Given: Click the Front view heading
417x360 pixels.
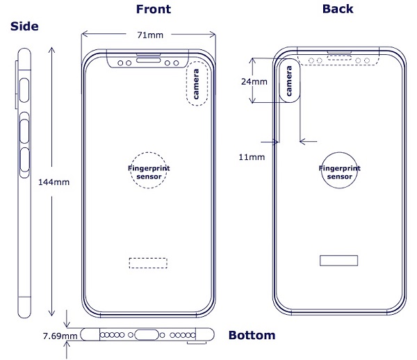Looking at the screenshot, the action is click(x=154, y=9).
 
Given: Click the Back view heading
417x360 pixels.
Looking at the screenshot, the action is click(x=338, y=9).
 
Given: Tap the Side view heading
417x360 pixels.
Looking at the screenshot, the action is click(x=24, y=26).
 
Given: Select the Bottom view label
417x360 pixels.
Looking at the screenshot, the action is click(x=252, y=335).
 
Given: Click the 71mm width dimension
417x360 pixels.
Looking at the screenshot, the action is click(x=150, y=35).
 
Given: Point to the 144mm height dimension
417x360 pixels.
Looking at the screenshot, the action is click(x=54, y=182).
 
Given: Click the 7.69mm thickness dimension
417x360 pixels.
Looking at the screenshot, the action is click(x=60, y=336).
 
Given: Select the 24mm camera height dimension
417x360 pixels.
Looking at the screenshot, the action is click(x=254, y=81).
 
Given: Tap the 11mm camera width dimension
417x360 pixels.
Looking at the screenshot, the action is click(x=252, y=157).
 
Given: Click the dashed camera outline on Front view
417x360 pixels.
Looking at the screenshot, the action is click(x=187, y=84).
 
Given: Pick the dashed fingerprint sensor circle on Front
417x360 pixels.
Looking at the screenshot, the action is click(x=149, y=153).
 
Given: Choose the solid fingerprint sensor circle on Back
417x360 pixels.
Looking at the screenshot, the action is click(x=339, y=153).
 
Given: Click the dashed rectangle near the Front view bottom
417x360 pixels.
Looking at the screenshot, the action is click(x=148, y=258).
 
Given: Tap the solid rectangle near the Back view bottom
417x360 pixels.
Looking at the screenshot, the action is click(x=339, y=256).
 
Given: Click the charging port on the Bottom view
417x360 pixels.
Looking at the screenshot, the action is click(x=147, y=335).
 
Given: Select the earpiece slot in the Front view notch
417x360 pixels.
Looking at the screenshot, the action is click(x=149, y=60).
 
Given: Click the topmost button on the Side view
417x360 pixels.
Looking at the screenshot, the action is click(x=24, y=90).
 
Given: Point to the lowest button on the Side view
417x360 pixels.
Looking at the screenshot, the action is click(x=25, y=160).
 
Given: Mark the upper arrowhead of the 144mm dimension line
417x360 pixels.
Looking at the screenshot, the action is click(x=52, y=50).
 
